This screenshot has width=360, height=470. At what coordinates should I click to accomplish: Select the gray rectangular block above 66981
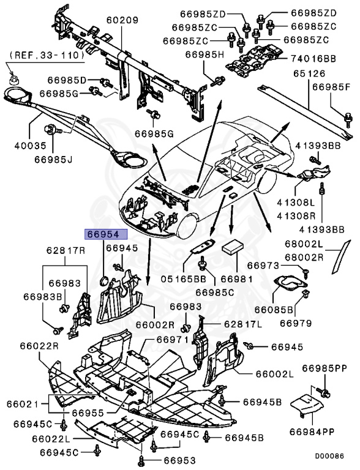233,247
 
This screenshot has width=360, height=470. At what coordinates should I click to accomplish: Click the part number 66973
263,266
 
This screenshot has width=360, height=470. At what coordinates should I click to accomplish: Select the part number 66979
296,323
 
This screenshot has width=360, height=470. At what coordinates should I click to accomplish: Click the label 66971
171,340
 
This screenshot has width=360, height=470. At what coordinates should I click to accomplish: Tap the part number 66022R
42,346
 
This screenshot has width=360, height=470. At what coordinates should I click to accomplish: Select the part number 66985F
331,87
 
